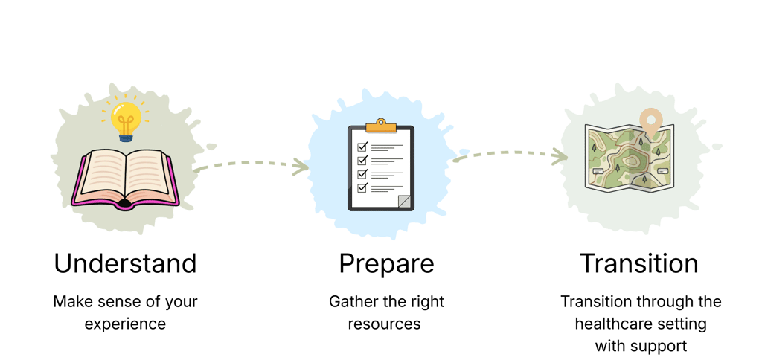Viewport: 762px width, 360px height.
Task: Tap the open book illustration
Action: tap(124, 177)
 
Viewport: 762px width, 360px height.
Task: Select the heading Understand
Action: tap(125, 263)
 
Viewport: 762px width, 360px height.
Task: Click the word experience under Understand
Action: tap(125, 324)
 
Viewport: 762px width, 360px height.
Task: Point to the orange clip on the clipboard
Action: tap(381, 123)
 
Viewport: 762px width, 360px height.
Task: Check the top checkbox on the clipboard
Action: tap(362, 147)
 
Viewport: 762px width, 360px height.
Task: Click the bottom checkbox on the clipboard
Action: tap(362, 187)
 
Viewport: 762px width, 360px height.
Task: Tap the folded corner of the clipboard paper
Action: tap(404, 201)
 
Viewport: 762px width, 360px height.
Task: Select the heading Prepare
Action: tap(386, 263)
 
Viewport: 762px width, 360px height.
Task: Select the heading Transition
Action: tap(639, 263)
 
